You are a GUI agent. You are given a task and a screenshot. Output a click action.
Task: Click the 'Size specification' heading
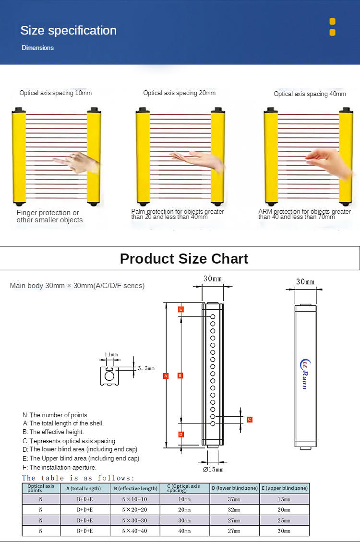[68, 30]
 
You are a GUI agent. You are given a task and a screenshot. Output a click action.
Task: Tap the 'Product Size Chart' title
[184, 259]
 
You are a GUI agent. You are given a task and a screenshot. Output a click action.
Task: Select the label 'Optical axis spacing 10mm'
[55, 93]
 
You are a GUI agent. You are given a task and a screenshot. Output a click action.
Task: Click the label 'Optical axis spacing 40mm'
[310, 94]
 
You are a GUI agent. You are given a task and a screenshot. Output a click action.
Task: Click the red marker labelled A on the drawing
[166, 375]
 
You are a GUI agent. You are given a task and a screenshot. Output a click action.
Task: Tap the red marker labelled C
[250, 419]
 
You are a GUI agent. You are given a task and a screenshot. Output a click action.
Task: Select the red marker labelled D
[180, 435]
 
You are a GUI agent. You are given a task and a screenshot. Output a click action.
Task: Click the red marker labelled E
[180, 309]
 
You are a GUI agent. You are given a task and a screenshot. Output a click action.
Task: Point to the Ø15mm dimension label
[213, 469]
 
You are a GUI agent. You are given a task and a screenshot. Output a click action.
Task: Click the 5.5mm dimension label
[146, 369]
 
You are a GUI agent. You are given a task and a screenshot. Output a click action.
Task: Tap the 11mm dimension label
[111, 355]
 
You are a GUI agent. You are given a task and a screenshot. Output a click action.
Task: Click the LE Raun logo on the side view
[304, 374]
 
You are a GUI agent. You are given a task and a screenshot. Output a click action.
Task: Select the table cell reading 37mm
[234, 499]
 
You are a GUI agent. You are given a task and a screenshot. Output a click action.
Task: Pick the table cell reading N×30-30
[134, 520]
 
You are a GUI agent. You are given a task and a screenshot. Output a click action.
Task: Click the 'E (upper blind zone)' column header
[284, 488]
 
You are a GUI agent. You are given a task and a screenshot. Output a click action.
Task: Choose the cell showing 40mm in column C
[184, 531]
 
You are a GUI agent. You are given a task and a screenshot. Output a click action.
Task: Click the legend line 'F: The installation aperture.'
[60, 467]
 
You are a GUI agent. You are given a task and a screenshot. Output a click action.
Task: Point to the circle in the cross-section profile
[109, 376]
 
